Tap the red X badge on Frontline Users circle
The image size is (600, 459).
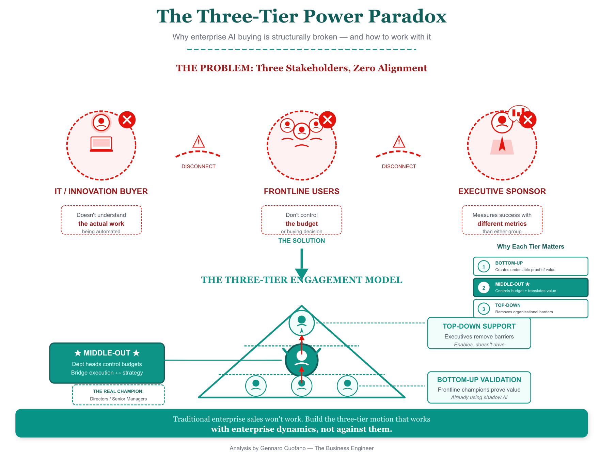328,120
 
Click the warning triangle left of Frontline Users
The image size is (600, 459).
199,142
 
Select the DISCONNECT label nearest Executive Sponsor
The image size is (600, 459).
399,167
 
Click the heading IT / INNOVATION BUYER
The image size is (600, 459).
101,191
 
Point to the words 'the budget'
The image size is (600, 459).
301,224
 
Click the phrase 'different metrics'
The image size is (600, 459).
502,224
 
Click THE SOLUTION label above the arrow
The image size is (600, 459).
301,241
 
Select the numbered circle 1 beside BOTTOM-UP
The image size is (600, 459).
484,266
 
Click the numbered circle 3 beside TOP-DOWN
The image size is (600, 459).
484,309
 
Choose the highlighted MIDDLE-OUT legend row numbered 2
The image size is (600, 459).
530,287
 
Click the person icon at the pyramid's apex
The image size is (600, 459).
301,323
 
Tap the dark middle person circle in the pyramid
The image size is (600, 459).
301,360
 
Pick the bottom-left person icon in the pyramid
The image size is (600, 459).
256,386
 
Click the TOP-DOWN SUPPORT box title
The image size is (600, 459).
479,326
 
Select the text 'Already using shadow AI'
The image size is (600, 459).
479,397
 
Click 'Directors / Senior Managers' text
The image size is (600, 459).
118,399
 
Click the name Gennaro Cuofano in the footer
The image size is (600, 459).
283,448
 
